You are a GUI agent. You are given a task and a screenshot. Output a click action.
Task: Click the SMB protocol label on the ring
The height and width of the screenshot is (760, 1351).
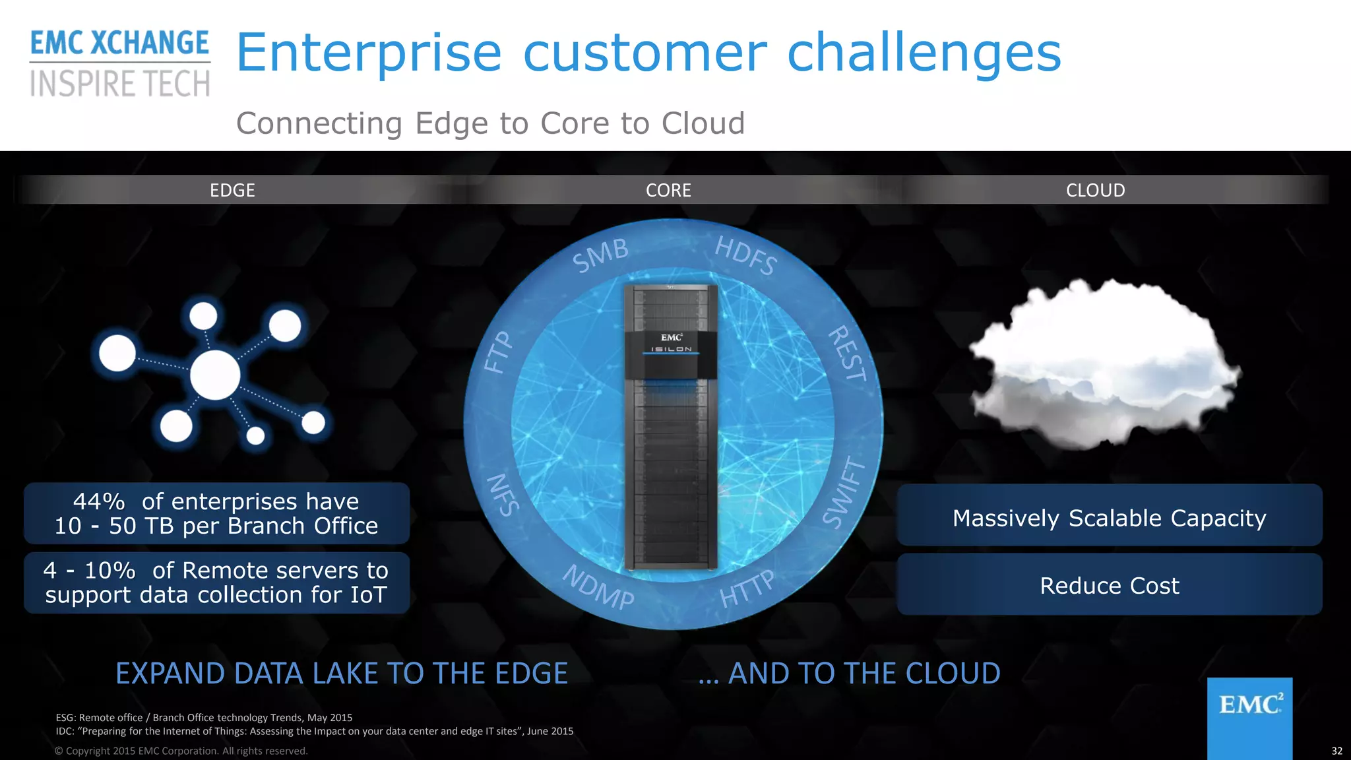pyautogui.click(x=600, y=255)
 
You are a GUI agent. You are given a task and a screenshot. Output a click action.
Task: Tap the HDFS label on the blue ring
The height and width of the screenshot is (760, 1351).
pyautogui.click(x=746, y=255)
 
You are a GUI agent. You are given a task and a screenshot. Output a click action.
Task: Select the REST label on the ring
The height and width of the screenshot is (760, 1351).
pyautogui.click(x=848, y=354)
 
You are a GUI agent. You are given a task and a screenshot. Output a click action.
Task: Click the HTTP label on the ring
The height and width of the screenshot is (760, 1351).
pyautogui.click(x=747, y=589)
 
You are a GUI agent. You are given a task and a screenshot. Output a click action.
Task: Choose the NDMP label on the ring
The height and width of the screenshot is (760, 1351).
pyautogui.click(x=598, y=586)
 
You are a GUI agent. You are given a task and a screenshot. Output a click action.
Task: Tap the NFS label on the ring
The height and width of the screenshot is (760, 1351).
pyautogui.click(x=503, y=494)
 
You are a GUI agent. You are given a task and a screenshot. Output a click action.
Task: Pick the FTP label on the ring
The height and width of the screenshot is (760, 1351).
pyautogui.click(x=498, y=352)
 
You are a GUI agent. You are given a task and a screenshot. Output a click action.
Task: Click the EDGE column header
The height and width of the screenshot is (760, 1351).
pyautogui.click(x=232, y=190)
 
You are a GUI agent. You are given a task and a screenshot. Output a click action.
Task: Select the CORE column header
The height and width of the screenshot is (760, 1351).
pyautogui.click(x=668, y=190)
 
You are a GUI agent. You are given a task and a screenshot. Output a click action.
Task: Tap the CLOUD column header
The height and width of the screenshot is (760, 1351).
pyautogui.click(x=1095, y=190)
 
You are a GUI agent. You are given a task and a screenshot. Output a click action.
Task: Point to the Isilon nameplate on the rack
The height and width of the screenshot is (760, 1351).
pyautogui.click(x=672, y=349)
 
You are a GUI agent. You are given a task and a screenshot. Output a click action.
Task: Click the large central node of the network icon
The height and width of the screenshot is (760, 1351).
pyautogui.click(x=215, y=375)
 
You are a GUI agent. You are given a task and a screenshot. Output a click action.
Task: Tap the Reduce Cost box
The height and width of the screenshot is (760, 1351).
pyautogui.click(x=1109, y=585)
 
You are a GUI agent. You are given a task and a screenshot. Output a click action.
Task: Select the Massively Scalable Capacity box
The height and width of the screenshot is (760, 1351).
pyautogui.click(x=1109, y=518)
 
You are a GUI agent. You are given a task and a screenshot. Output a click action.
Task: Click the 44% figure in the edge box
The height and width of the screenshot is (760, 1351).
pyautogui.click(x=99, y=501)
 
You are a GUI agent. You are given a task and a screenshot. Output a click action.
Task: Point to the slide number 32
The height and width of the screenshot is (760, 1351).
pyautogui.click(x=1336, y=751)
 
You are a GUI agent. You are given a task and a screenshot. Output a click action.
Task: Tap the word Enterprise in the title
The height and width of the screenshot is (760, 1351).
pyautogui.click(x=369, y=53)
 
